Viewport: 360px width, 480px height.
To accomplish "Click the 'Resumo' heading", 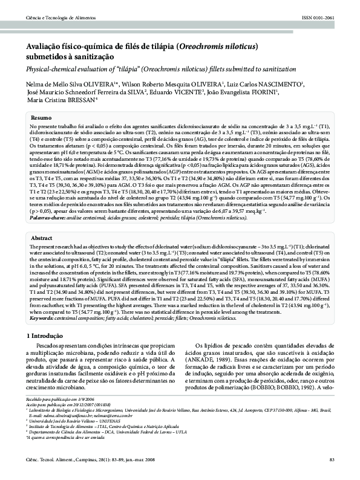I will coord(41,117).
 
